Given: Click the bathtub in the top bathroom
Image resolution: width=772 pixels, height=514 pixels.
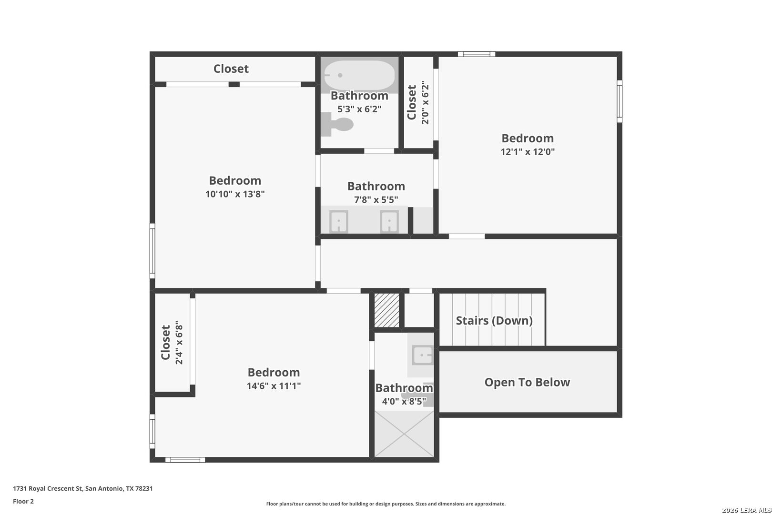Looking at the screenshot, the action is point(359,75).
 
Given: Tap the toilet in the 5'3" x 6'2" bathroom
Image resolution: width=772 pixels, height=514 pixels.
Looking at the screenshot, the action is point(337,124).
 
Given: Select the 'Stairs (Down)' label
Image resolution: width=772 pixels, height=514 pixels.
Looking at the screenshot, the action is point(494,320).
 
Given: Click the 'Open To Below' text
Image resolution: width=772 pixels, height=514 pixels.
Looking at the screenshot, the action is point(527,382).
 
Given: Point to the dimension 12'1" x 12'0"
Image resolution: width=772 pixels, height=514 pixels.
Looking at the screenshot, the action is point(528,152).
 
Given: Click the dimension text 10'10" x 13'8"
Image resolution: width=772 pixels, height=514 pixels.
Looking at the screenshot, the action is point(235,194).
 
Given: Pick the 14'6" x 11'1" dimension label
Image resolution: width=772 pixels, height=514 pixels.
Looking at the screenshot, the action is point(274,386).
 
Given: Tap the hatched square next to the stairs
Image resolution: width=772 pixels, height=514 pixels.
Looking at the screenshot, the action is point(386,310).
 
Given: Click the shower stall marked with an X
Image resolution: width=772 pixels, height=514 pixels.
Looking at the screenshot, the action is point(404,434).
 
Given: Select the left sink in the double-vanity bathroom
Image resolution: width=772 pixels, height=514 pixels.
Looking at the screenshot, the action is point(339,221).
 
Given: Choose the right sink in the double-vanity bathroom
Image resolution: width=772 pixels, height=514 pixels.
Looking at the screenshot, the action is point(389,221).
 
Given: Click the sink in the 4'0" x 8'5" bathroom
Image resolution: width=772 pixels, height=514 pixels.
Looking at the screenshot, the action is point(423,355).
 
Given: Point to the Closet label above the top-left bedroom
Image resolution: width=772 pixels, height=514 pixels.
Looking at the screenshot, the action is point(231,69).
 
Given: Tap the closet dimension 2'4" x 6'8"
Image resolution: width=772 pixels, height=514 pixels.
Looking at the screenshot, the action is point(179,343).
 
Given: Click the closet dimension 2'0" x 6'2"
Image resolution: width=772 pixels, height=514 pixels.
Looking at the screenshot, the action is point(425,103).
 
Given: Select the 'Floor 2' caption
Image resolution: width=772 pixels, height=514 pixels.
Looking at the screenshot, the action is point(23,501).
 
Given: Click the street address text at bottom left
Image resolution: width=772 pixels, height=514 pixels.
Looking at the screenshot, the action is point(83,488).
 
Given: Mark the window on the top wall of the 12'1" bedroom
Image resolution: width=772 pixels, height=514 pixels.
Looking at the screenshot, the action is point(477,54).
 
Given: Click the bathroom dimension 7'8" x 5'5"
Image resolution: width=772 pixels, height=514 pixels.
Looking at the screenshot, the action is point(376,200).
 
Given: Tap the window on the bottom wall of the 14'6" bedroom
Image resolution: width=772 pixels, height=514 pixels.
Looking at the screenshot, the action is point(185,460).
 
